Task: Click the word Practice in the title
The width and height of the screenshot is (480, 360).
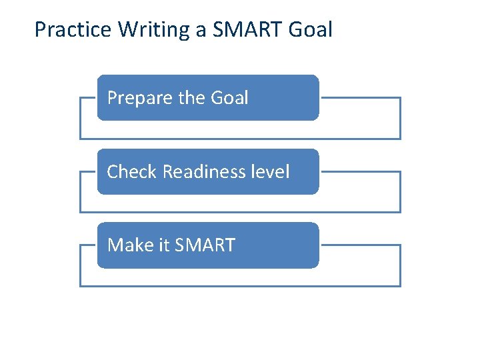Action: pos(73,30)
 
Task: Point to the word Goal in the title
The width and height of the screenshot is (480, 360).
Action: pos(313,30)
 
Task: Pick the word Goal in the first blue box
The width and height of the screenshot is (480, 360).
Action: pos(229,98)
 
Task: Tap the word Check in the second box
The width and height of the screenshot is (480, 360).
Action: pos(131,172)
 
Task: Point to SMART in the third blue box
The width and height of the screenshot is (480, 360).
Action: pos(204,245)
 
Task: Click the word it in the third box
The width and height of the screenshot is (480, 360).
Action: pos(164,245)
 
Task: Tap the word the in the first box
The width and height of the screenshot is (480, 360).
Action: pos(192,98)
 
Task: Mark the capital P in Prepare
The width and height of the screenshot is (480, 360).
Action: pos(112,98)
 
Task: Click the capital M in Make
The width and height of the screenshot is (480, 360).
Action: pos(115,245)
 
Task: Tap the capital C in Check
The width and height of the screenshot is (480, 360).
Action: pos(112,172)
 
